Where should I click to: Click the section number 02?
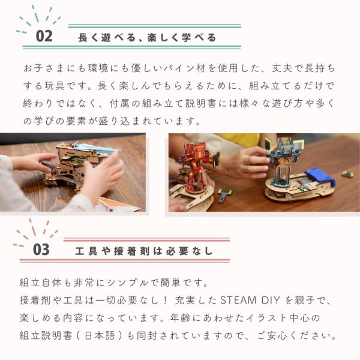(44, 36)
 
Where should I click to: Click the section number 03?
(41, 250)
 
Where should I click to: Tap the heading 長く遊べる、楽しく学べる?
(147, 38)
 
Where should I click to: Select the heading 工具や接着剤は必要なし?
(144, 251)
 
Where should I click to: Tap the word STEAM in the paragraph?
(238, 300)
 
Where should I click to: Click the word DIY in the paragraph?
(271, 300)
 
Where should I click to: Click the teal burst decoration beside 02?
(38, 19)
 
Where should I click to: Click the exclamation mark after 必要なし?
(166, 301)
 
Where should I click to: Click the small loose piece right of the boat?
(347, 174)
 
